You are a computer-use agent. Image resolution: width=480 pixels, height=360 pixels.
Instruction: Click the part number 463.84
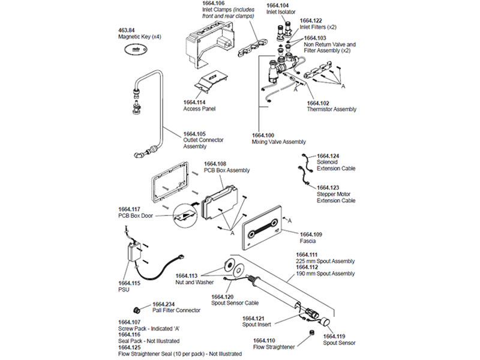tap(127, 30)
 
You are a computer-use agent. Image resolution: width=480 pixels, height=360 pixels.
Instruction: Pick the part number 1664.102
tap(318, 103)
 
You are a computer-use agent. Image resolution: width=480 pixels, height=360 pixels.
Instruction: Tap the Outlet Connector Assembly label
tap(203, 143)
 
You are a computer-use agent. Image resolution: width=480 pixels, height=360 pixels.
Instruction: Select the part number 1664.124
tap(328, 156)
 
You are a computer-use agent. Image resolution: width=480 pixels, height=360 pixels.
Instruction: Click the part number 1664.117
tap(130, 209)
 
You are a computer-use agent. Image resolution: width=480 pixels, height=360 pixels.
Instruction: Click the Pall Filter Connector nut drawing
tap(137, 310)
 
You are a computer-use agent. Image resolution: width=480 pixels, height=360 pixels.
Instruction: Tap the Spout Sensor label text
tap(340, 343)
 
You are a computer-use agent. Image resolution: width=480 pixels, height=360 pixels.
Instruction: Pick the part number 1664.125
tap(130, 347)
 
